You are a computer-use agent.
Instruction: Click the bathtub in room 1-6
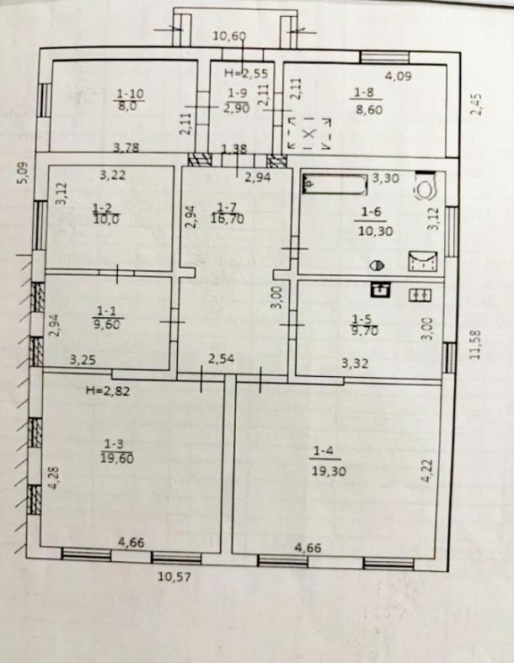point(335,185)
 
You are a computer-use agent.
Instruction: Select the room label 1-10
point(130,93)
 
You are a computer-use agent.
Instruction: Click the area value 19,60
point(117,458)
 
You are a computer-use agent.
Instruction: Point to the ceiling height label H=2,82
point(108,390)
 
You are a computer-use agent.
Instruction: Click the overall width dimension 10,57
point(175,575)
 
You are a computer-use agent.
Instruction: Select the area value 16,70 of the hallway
point(228,219)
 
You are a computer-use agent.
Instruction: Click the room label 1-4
point(324,451)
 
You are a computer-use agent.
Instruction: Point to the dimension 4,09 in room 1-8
point(398,77)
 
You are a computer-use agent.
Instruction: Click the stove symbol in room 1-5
point(420,294)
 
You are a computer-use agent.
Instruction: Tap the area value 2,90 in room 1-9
point(238,108)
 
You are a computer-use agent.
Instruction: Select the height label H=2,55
point(246,73)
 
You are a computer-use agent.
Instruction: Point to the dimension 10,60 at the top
point(229,35)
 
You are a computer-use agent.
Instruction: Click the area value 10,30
point(376,231)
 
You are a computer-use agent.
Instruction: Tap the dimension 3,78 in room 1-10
point(126,147)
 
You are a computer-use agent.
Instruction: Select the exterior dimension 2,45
point(476,104)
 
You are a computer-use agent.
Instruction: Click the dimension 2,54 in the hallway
point(221,359)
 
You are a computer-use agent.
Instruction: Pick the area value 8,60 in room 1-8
point(369,110)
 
